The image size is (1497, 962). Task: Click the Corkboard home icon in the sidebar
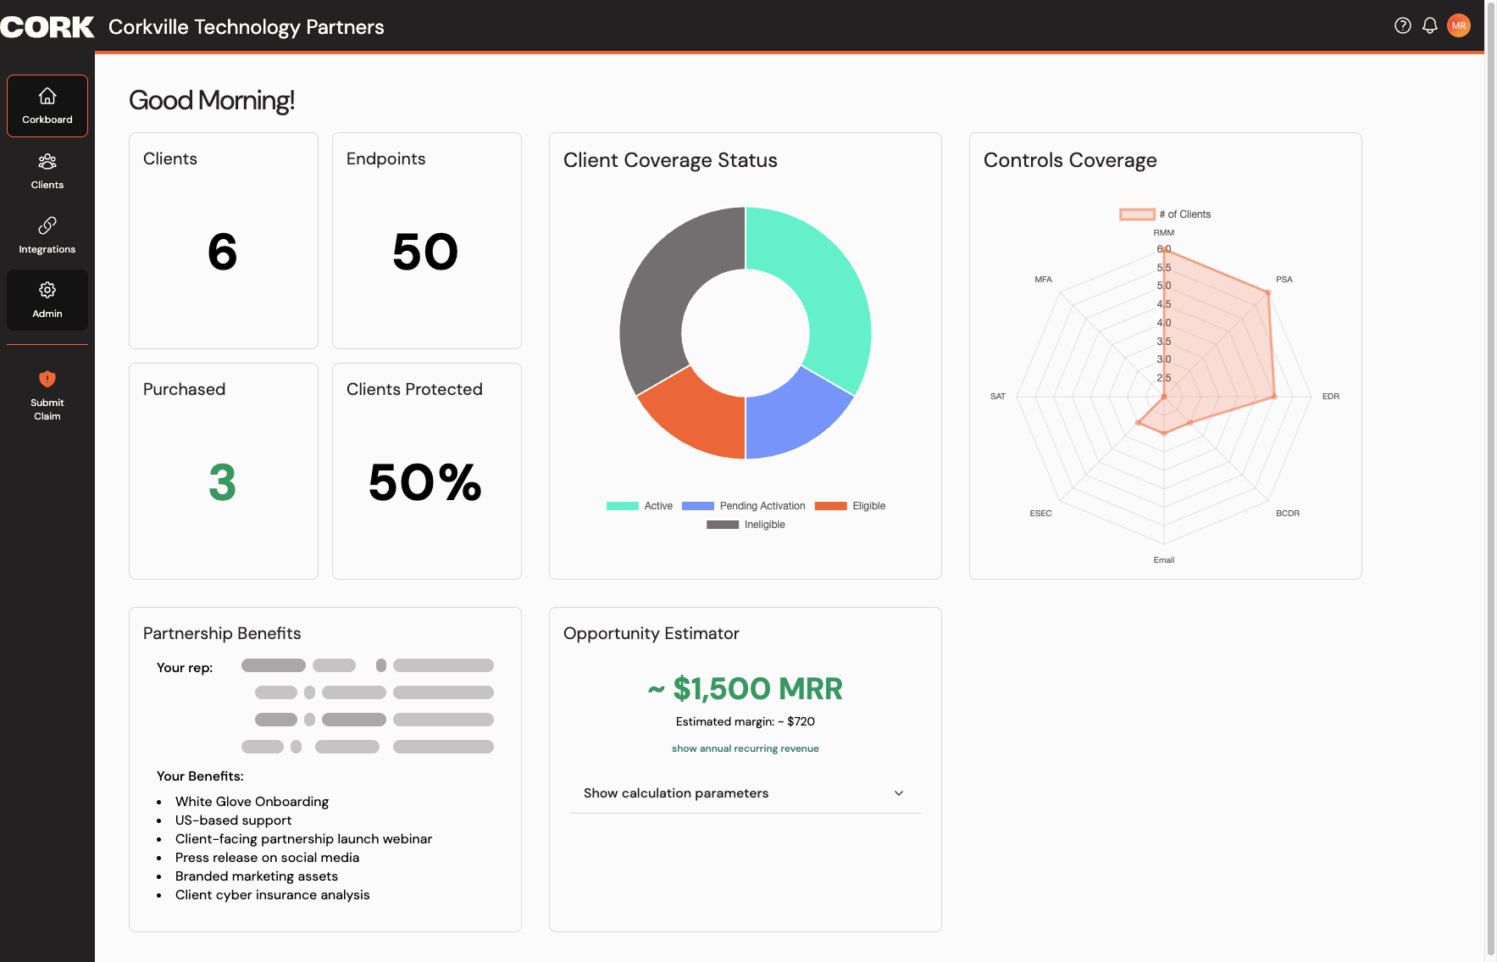coord(47,96)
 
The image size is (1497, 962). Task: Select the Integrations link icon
coord(47,225)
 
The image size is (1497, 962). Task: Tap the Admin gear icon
coord(47,290)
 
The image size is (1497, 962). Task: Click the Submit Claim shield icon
coord(47,379)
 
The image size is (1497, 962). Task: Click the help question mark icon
coord(1403,25)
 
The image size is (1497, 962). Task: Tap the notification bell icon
coord(1430,25)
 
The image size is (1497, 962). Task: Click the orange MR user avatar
coord(1459,25)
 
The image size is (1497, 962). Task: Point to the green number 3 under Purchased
coord(222,482)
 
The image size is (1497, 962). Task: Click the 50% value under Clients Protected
coord(425,482)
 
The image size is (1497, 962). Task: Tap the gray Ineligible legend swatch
coord(723,525)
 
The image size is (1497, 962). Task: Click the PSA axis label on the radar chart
coord(1284,280)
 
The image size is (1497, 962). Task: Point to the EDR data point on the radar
coord(1274,397)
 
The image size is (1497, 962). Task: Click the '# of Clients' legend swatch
coord(1137,214)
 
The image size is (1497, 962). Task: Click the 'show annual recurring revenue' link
coord(746,748)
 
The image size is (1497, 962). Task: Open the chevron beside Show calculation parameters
coord(899,793)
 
